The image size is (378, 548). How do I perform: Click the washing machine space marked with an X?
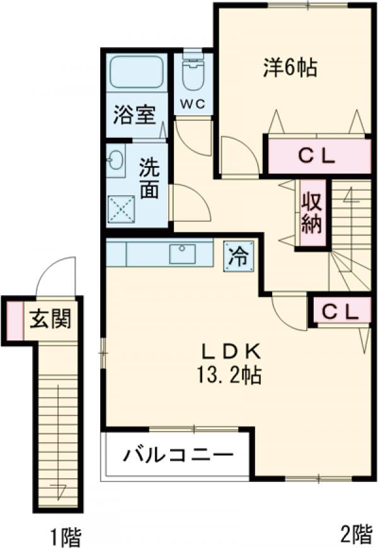coord(121,209)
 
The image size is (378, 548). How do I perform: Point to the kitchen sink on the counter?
coord(182,254)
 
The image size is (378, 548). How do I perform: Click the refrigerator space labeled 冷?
coord(239,256)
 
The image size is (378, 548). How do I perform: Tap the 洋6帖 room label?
coord(290,68)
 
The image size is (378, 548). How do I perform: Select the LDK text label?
coord(231,352)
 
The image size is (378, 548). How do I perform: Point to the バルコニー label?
coord(178,456)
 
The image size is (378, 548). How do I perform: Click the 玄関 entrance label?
coord(50,319)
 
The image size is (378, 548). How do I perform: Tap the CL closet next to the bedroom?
coord(319,156)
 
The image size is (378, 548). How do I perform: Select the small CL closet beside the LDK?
coord(341,310)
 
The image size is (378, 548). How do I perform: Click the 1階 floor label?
coord(66,536)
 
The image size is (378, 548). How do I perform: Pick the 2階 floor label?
coord(356,534)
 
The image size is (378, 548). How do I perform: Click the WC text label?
coord(193,104)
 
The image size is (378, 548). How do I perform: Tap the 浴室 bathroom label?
coord(134,115)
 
